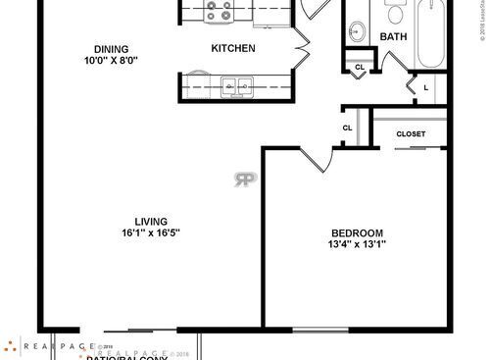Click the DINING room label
point(111,48)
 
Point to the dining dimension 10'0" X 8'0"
point(111,61)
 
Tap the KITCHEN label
point(233,48)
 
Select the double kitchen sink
point(235,86)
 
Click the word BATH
point(393,37)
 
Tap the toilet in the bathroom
point(396,12)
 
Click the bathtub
point(432,34)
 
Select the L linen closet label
point(425,87)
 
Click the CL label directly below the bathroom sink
point(359,68)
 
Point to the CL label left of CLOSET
point(347,129)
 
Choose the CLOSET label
point(412,133)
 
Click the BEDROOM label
point(356,232)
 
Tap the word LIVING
point(151,221)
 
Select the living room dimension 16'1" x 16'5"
point(151,233)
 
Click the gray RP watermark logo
point(243,179)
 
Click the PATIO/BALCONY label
point(128,356)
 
